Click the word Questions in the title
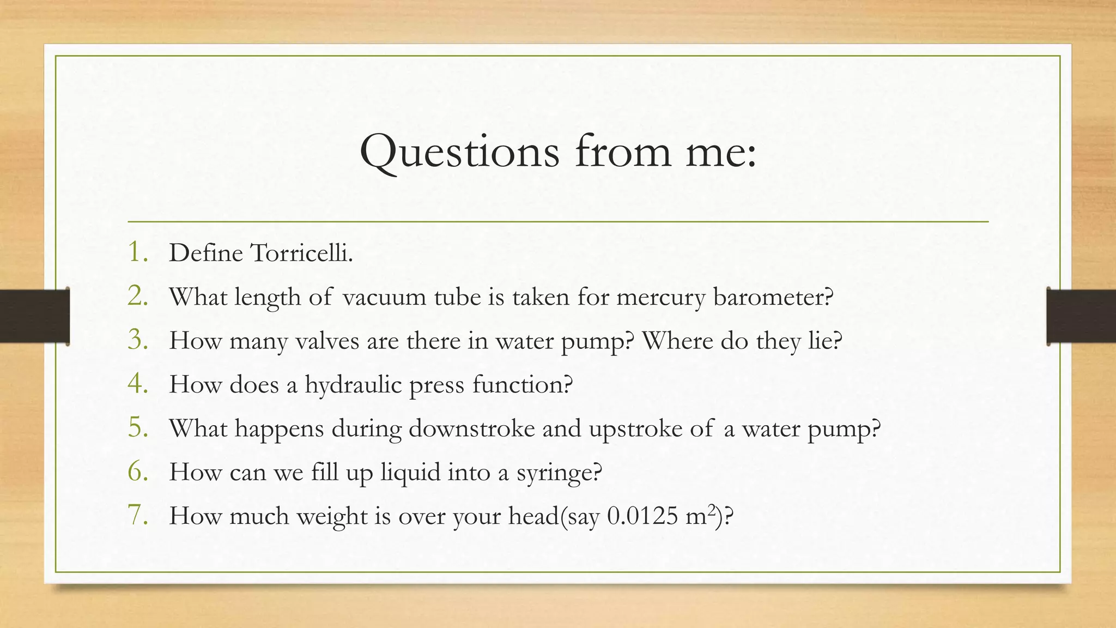[x=459, y=152]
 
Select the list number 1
[x=138, y=252]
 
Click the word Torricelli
[x=301, y=253]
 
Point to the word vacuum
[x=384, y=298]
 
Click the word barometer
[x=773, y=298]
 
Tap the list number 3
[x=138, y=340]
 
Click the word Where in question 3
[x=677, y=341]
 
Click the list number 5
[x=138, y=428]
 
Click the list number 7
[x=138, y=516]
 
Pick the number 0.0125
[x=642, y=516]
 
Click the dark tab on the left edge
[x=34, y=316]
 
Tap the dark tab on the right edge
[x=1081, y=316]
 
